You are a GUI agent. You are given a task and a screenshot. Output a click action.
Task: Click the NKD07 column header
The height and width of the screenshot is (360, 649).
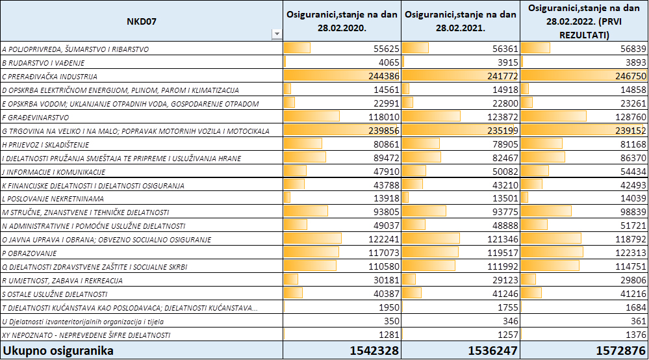click(x=142, y=21)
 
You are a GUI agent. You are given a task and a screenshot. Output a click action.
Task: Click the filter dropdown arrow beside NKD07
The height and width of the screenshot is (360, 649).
click(x=277, y=34)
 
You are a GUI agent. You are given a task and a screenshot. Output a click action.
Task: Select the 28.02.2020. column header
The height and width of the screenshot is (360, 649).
click(x=342, y=21)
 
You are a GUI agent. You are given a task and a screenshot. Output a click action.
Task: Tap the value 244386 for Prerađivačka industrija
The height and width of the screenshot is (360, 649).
click(x=384, y=76)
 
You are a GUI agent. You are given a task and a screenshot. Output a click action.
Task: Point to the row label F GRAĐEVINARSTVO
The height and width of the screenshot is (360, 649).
click(x=36, y=118)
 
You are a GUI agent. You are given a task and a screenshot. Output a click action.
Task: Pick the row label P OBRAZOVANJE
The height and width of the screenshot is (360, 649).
click(x=29, y=253)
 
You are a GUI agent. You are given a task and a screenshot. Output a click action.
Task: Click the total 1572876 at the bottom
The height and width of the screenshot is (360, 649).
click(x=620, y=351)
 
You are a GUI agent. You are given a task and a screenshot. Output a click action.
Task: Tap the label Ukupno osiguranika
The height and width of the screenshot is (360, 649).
click(x=58, y=351)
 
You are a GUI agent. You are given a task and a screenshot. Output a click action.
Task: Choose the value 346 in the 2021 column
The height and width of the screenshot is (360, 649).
click(x=511, y=321)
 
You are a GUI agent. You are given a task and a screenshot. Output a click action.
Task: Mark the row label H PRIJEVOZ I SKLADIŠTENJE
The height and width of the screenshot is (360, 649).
click(x=45, y=145)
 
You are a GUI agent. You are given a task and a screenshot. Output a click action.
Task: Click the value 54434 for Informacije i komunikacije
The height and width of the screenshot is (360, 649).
click(x=633, y=172)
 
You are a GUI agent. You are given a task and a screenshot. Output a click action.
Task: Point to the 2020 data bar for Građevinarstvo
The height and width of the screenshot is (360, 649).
click(x=312, y=116)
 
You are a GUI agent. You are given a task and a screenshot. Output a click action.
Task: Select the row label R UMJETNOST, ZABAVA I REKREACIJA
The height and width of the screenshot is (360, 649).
click(x=62, y=281)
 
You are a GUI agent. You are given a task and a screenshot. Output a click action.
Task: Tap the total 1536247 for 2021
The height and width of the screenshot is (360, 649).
click(x=492, y=351)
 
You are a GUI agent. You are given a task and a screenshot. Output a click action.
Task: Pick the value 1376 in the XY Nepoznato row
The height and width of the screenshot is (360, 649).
click(x=635, y=335)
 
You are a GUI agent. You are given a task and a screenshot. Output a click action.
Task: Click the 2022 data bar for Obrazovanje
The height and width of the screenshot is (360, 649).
click(x=552, y=252)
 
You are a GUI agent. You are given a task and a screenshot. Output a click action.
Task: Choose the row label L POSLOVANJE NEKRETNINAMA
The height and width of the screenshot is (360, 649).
click(x=53, y=199)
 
